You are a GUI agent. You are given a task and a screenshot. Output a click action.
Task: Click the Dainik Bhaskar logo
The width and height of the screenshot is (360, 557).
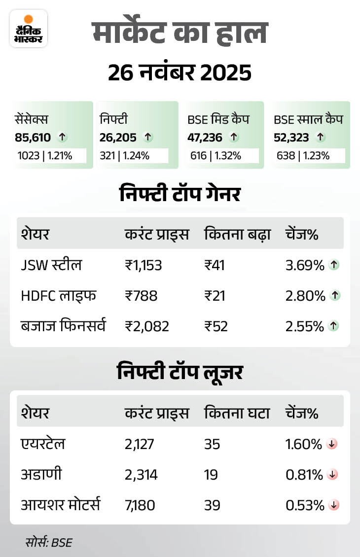(x=29, y=28)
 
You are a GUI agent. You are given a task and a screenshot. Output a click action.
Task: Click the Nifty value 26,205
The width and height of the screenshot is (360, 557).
(x=118, y=138)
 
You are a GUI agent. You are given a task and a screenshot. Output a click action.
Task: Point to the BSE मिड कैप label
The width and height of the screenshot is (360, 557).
(x=218, y=119)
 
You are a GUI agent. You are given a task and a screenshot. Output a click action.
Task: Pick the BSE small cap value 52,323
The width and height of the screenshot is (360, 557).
(x=290, y=138)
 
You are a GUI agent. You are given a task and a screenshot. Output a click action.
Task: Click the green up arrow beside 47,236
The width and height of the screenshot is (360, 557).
(x=234, y=138)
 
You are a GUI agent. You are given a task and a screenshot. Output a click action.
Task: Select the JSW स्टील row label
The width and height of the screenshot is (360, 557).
(x=51, y=265)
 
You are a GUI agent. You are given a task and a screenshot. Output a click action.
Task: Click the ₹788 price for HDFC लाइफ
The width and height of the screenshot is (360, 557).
(x=141, y=296)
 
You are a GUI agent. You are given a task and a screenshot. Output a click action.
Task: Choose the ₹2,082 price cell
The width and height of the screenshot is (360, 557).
(x=147, y=326)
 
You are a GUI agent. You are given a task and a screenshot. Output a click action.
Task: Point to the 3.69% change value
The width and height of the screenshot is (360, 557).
(x=305, y=265)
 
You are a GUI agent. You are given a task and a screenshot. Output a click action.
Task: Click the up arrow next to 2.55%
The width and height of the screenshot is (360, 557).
(x=335, y=326)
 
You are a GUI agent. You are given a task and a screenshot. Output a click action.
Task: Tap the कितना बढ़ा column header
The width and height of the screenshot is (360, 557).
(x=237, y=234)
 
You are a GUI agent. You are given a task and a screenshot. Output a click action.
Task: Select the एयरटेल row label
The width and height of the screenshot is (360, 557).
(x=43, y=444)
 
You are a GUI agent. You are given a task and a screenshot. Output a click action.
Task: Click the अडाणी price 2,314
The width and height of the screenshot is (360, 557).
(x=141, y=475)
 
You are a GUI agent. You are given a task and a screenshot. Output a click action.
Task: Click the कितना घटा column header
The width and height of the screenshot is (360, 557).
(x=237, y=413)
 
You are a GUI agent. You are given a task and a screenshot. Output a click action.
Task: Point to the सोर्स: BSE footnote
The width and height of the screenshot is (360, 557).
(x=48, y=543)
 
